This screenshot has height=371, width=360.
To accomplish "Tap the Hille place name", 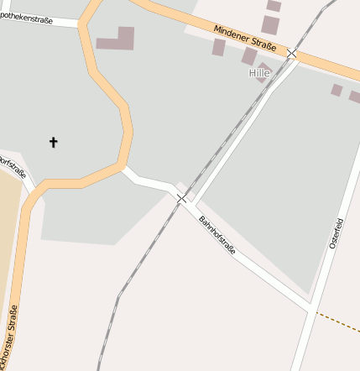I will pyautogui.click(x=260, y=73).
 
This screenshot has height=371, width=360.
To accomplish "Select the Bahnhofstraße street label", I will pyautogui.click(x=217, y=236).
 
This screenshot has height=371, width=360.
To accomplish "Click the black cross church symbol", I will pyautogui.click(x=54, y=142).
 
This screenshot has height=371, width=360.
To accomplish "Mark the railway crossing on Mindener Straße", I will pyautogui.click(x=291, y=53).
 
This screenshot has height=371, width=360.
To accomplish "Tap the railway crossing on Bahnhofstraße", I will pyautogui.click(x=182, y=198).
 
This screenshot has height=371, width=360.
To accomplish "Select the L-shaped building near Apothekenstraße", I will pyautogui.click(x=117, y=39).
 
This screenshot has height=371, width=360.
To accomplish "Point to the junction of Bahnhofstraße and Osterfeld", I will pyautogui.click(x=313, y=311).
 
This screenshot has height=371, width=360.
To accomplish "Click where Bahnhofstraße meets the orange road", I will pyautogui.click(x=124, y=169).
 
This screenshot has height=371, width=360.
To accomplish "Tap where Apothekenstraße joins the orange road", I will pyautogui.click(x=81, y=24).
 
